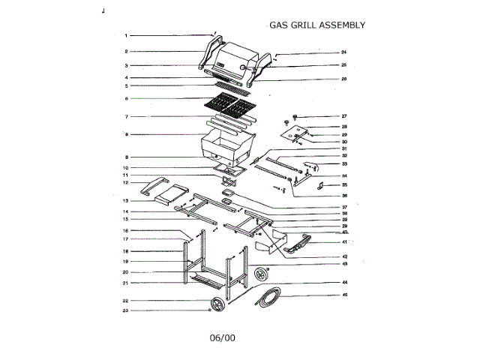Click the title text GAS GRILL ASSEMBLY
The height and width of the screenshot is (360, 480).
317,25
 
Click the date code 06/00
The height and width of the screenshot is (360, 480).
223,338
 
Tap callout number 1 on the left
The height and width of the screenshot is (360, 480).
127,35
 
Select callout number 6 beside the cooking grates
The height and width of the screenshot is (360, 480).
127,98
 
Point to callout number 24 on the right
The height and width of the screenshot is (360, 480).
343,52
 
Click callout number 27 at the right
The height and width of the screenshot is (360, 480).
344,116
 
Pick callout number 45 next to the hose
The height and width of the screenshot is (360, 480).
345,295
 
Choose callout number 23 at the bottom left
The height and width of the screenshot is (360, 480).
127,310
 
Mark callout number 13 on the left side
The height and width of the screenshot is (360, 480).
127,201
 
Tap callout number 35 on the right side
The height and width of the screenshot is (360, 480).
344,184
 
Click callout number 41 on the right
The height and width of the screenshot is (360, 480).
344,241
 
